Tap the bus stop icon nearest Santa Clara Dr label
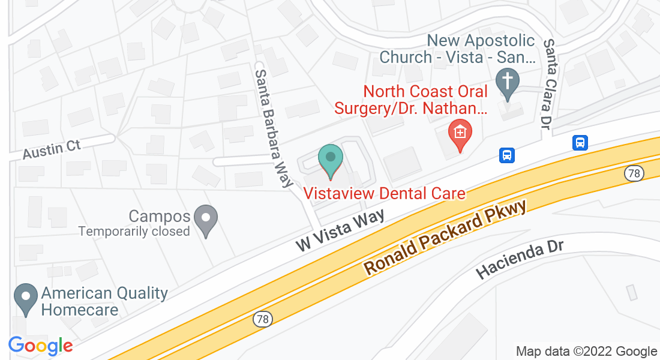(x=580, y=143)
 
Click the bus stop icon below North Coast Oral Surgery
(x=507, y=155)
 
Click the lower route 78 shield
(x=262, y=319)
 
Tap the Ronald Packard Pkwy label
(x=445, y=238)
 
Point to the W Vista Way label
(x=340, y=231)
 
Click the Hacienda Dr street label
(x=521, y=260)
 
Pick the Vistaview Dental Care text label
(x=385, y=193)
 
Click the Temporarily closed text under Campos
(x=134, y=231)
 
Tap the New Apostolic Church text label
(x=457, y=49)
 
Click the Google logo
(x=40, y=346)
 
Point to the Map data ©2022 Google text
(x=587, y=352)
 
